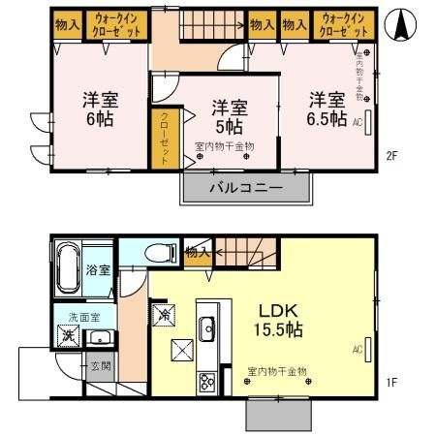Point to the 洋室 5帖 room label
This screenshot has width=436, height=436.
click(x=229, y=114)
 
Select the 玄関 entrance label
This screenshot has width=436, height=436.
click(x=100, y=366)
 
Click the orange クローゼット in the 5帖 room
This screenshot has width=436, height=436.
click(x=164, y=138)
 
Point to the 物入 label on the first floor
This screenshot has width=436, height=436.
click(x=196, y=252)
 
